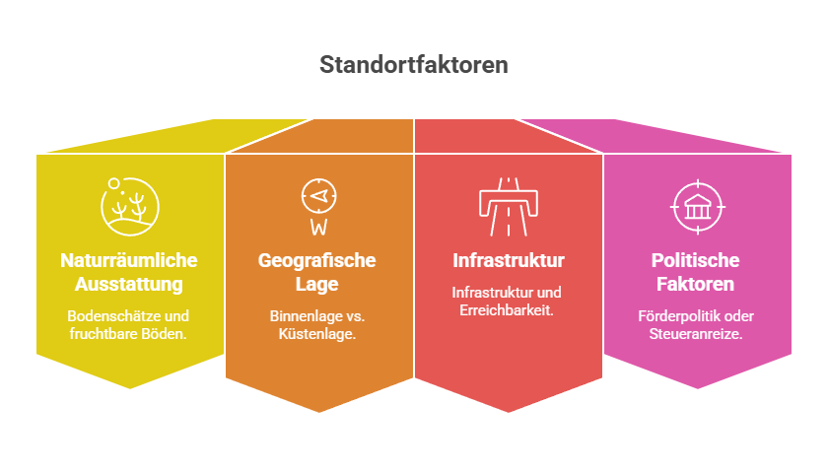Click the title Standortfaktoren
[x=413, y=65]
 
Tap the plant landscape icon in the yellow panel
[x=130, y=206]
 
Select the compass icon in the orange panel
[x=319, y=196]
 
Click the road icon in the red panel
[x=508, y=206]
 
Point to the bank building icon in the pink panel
[x=698, y=207]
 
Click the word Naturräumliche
[x=129, y=260]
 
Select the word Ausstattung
[x=129, y=284]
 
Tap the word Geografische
[x=316, y=260]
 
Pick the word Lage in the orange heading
[x=316, y=285]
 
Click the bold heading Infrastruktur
[x=509, y=260]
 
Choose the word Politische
[x=696, y=260]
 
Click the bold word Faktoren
[x=696, y=284]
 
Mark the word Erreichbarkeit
[x=507, y=309]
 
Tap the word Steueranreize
[x=696, y=334]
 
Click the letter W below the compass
[x=319, y=227]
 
